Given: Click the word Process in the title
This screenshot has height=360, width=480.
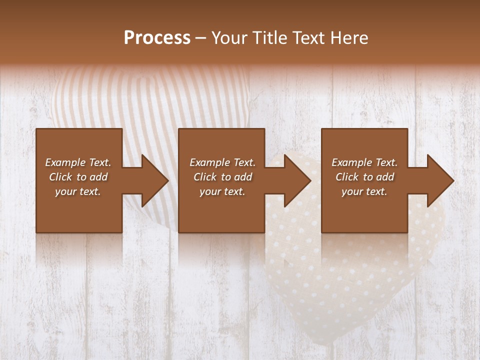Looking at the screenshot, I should coord(157,38).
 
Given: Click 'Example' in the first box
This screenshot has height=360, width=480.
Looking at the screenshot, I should coord(65,162).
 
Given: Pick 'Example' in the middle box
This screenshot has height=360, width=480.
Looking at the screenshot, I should coord(209,162).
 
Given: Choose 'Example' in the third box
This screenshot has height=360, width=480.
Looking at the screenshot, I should coord(351,162).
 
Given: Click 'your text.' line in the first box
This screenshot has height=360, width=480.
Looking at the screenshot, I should coord(78,191).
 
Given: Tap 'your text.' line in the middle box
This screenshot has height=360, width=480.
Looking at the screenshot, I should coord(222,191).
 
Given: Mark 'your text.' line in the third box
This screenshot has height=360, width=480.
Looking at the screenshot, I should coord(364,191).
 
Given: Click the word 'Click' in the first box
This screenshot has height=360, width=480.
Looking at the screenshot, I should coord(61,177).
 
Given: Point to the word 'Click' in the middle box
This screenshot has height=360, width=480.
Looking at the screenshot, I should coord(205,177).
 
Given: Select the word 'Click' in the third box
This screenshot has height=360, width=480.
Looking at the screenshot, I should coord(347,177).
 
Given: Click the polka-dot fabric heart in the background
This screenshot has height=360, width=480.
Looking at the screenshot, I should coord(360,270).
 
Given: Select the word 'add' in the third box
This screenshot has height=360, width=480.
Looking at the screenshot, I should coord(385,177).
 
